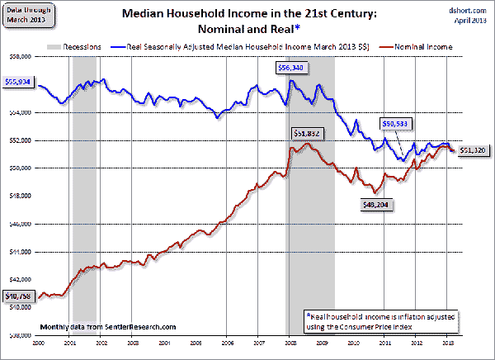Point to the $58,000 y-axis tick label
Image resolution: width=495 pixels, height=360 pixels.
[x=19, y=57]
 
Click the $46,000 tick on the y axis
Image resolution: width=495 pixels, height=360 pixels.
[x=19, y=224]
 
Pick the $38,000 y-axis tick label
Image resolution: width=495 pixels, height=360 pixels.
[x=19, y=335]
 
